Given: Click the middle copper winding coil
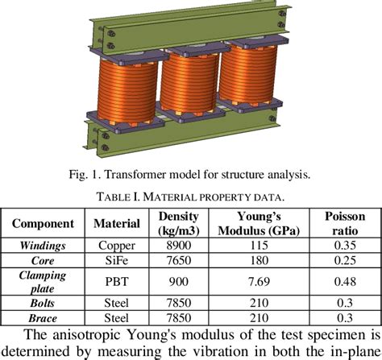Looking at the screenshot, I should click(x=191, y=89).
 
